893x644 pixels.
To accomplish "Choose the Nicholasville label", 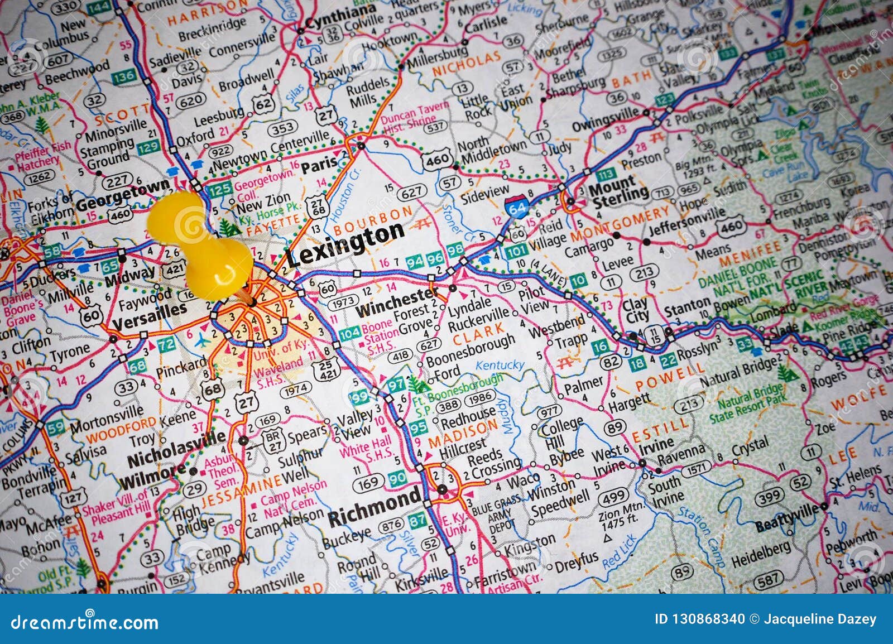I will (177, 449).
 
